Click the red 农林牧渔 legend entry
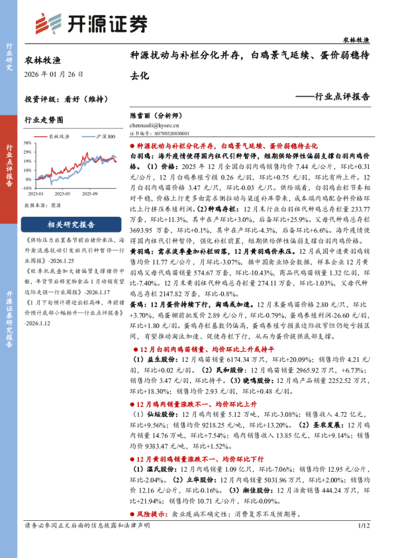[58, 135]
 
